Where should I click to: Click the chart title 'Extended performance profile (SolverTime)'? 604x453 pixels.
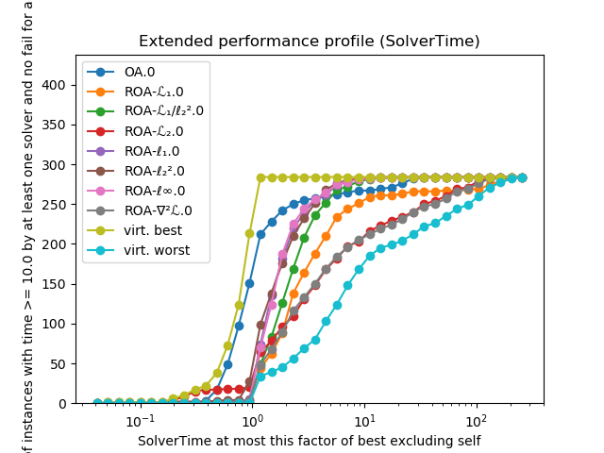(309, 42)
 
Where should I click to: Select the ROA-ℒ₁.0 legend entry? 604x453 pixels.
(151, 92)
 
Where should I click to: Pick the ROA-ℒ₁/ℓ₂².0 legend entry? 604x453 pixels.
(162, 110)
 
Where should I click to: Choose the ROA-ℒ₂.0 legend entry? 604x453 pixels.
(151, 130)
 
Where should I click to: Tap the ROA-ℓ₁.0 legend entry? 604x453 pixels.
(150, 150)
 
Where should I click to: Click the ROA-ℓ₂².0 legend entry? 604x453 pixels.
(152, 170)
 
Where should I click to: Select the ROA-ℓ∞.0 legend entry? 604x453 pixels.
(153, 190)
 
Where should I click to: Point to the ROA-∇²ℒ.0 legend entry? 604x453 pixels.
(156, 210)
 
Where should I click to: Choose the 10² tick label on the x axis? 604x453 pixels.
(476, 420)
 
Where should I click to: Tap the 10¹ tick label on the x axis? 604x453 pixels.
(364, 420)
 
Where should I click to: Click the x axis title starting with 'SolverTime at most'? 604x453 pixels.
(309, 441)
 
